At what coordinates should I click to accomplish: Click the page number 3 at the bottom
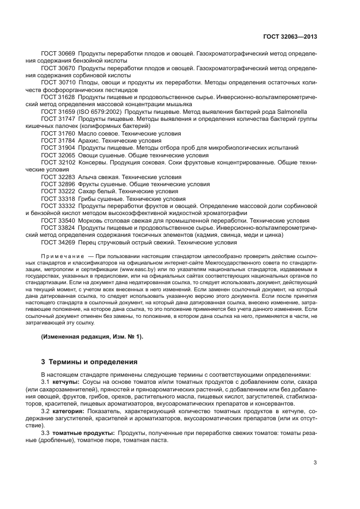pyautogui.click(x=315, y=463)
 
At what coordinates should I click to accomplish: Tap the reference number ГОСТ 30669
pyautogui.click(x=58, y=54)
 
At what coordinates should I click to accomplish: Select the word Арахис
pyautogui.click(x=90, y=140)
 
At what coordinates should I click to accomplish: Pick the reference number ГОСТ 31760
pyautogui.click(x=58, y=133)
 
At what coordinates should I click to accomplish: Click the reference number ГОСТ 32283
pyautogui.click(x=58, y=177)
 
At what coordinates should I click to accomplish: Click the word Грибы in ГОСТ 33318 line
pyautogui.click(x=89, y=199)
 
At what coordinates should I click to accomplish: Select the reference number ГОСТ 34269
pyautogui.click(x=58, y=242)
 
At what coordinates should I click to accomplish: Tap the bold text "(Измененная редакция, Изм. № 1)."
pyautogui.click(x=92, y=337)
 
